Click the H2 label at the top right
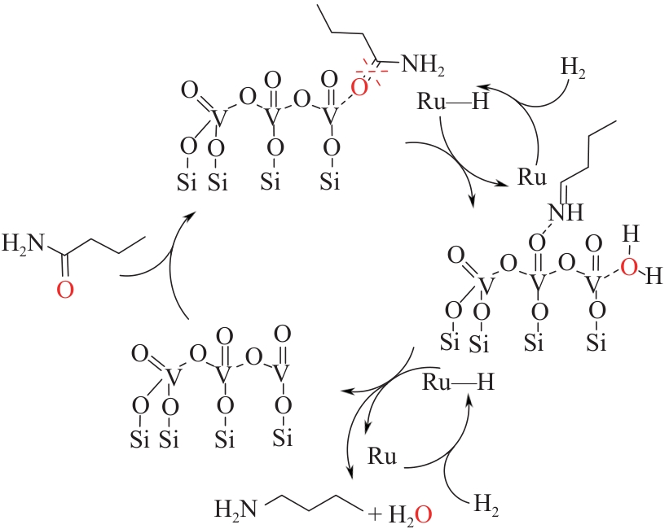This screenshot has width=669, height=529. point(574,66)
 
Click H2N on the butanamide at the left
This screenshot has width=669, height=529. point(23,242)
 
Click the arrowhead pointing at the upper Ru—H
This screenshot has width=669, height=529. point(482,85)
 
